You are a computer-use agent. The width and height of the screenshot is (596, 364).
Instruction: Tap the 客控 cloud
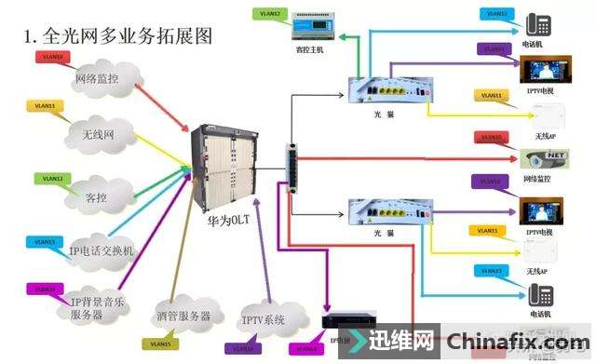point(96,197)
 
